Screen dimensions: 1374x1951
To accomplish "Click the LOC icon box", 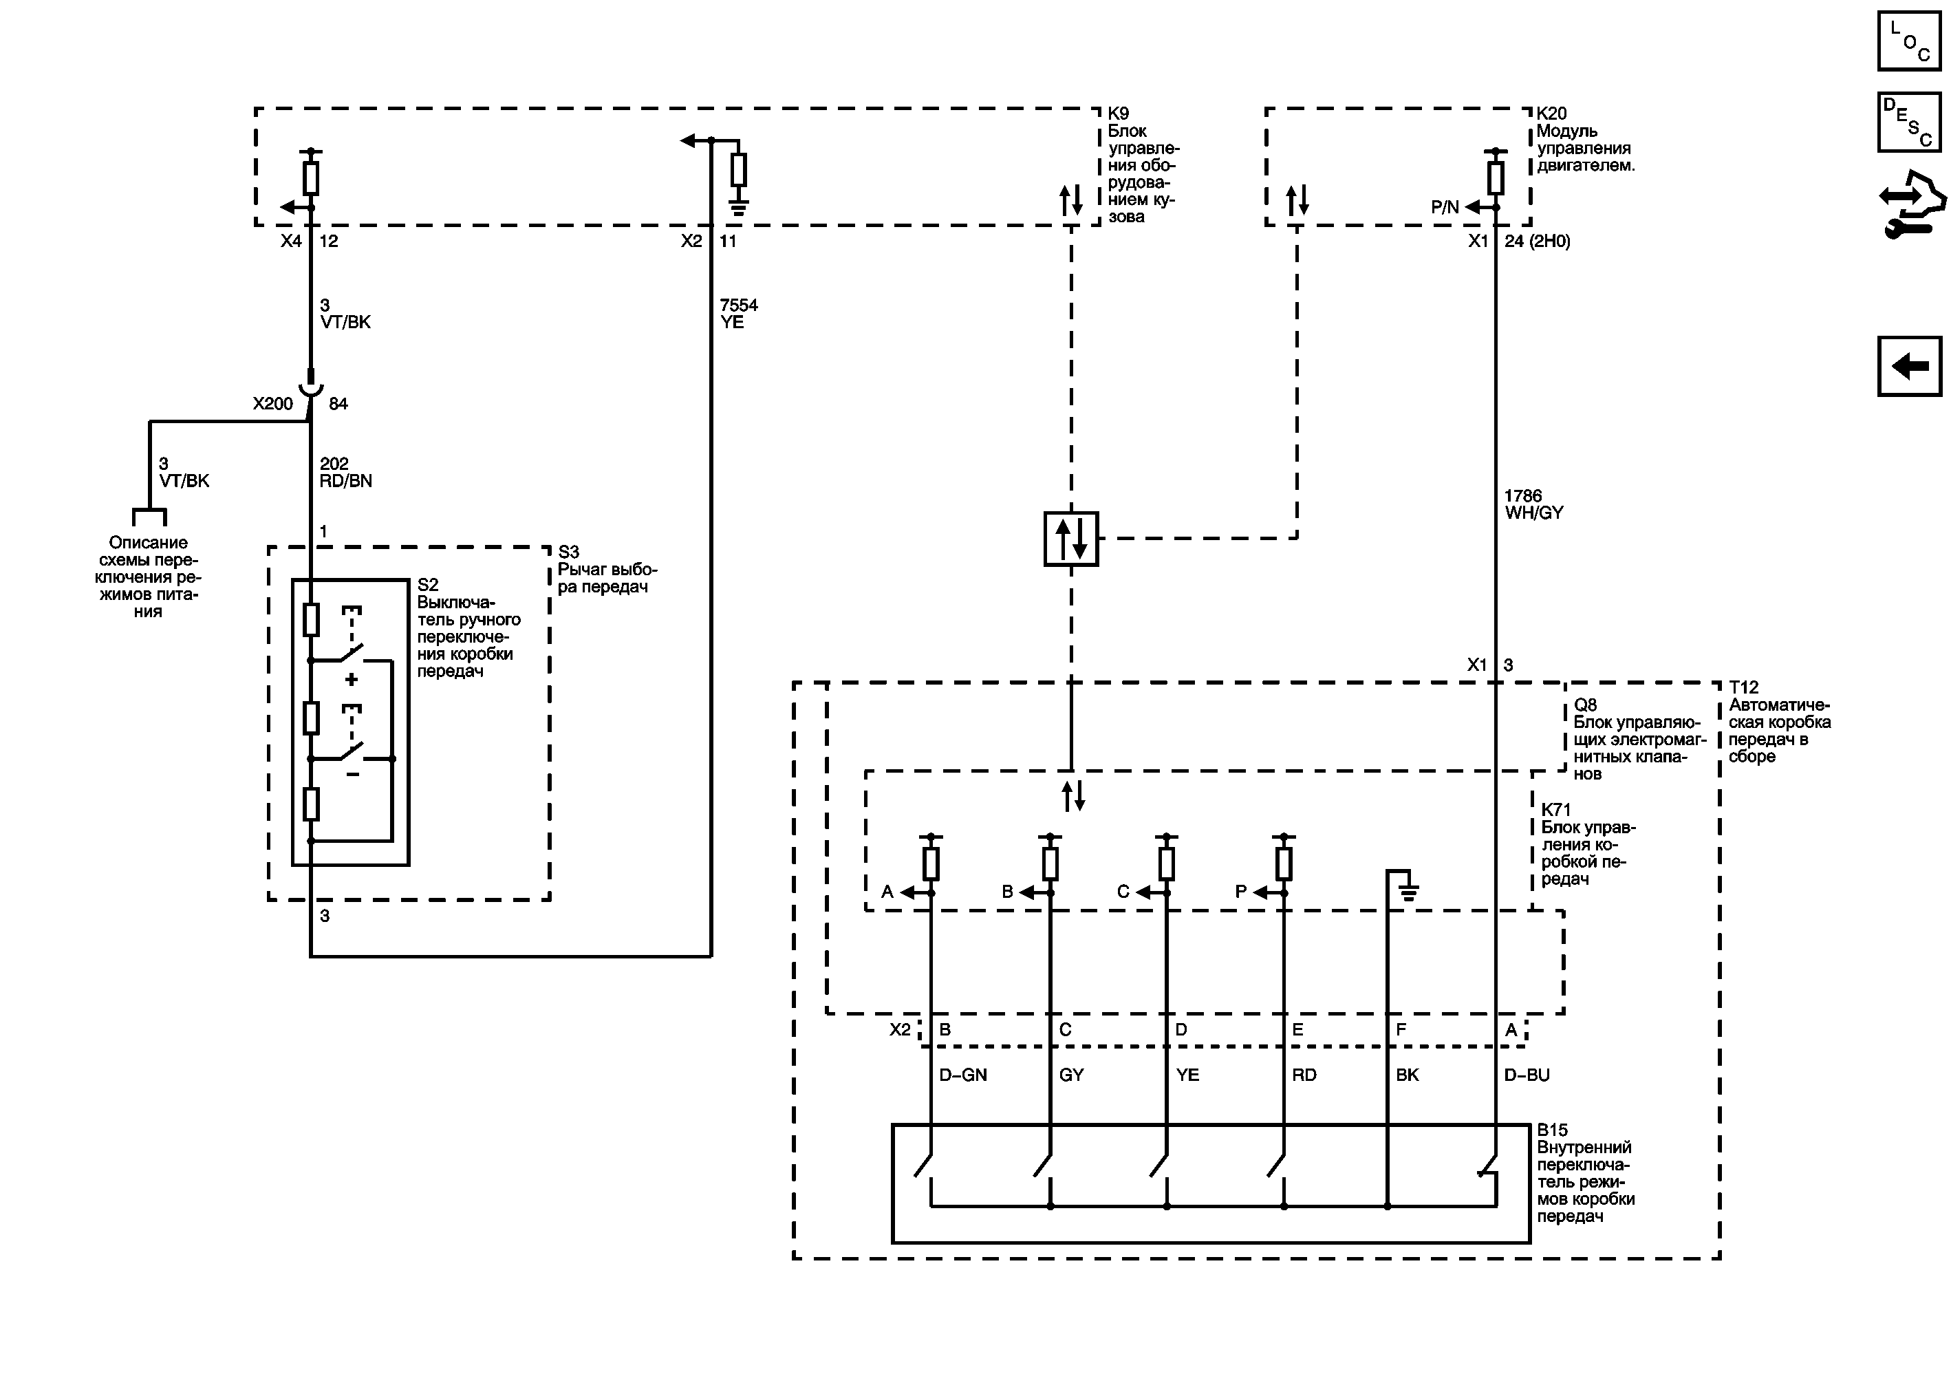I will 1908,41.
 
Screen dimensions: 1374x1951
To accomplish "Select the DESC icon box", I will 1908,122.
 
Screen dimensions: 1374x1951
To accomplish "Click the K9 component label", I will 1119,114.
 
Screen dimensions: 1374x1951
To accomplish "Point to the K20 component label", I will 1551,114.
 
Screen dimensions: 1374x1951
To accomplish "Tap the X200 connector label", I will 272,404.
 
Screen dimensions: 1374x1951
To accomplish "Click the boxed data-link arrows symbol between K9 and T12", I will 1070,539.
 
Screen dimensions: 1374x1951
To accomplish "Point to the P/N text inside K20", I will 1445,207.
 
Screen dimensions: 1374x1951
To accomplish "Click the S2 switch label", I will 427,585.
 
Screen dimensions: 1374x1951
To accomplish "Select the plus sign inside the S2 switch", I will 351,680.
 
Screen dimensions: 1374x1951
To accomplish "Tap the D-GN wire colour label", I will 962,1075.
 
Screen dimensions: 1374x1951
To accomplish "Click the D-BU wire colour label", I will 1526,1075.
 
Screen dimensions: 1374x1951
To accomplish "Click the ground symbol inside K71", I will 1408,892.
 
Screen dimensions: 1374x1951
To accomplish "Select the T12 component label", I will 1744,687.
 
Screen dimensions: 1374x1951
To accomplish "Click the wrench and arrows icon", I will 1910,204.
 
